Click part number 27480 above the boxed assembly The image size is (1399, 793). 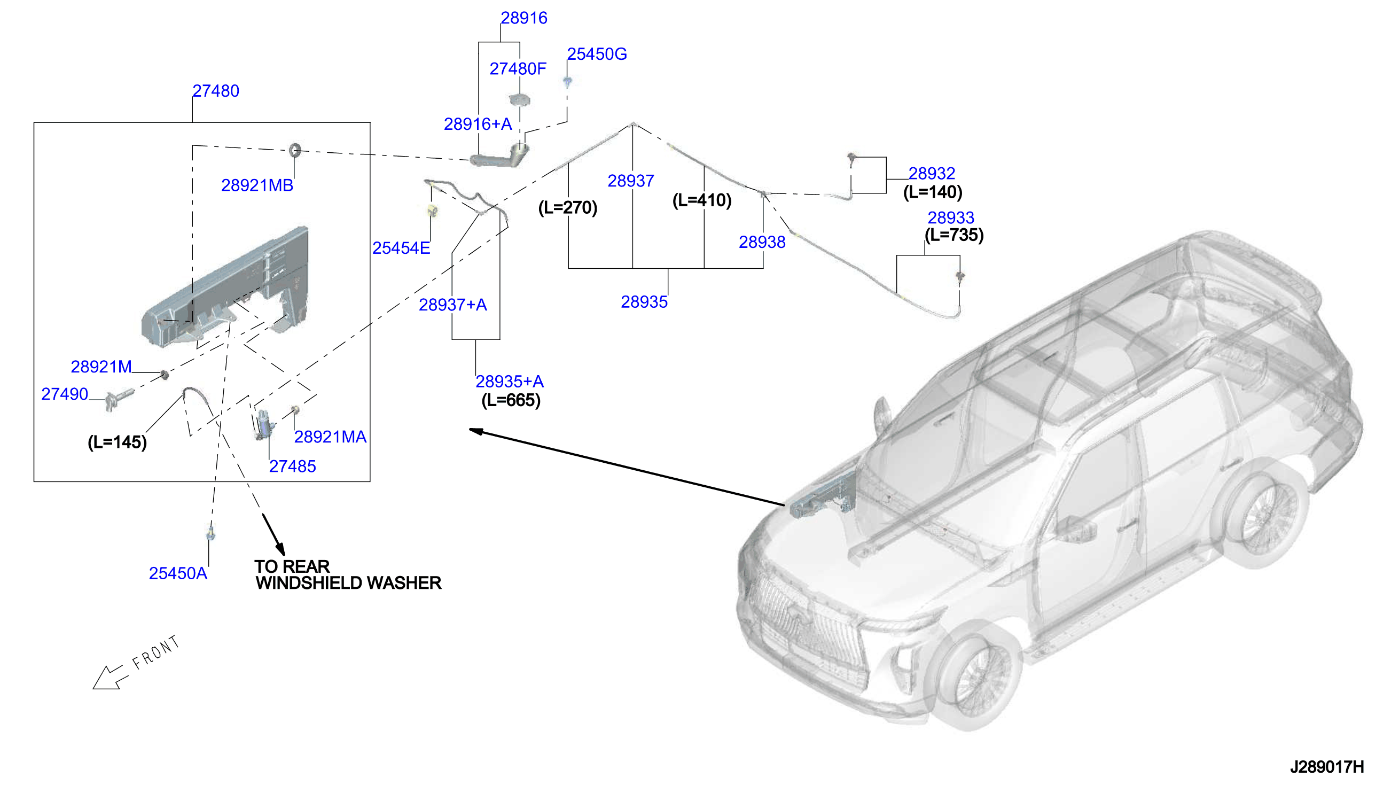click(216, 91)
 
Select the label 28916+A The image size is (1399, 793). click(478, 124)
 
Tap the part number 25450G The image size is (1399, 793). click(597, 54)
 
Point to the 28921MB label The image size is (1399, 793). click(257, 186)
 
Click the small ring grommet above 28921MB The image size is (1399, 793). click(294, 149)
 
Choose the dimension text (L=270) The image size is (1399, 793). click(568, 207)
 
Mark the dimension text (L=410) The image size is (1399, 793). click(702, 200)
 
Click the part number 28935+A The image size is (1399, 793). click(510, 382)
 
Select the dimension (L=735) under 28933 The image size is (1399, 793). click(954, 235)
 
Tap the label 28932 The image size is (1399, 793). click(932, 174)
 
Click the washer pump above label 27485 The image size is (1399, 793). click(264, 424)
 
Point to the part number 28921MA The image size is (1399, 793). click(331, 437)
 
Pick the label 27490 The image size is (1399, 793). click(65, 394)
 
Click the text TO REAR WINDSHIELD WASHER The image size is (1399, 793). click(348, 575)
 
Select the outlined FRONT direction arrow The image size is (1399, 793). click(111, 678)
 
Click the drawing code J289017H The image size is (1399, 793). click(1327, 767)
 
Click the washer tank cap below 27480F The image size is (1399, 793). click(519, 100)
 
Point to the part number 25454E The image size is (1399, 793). click(401, 248)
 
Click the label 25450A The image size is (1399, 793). click(178, 573)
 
